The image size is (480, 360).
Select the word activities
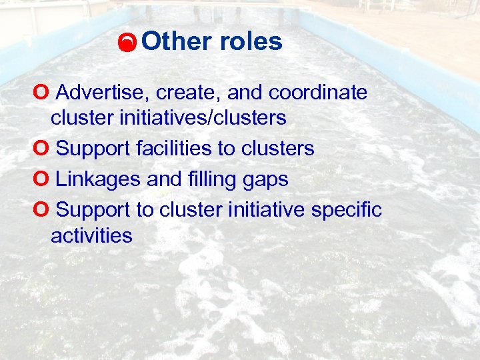tap(91, 235)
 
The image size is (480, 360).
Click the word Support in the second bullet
tap(93, 149)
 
